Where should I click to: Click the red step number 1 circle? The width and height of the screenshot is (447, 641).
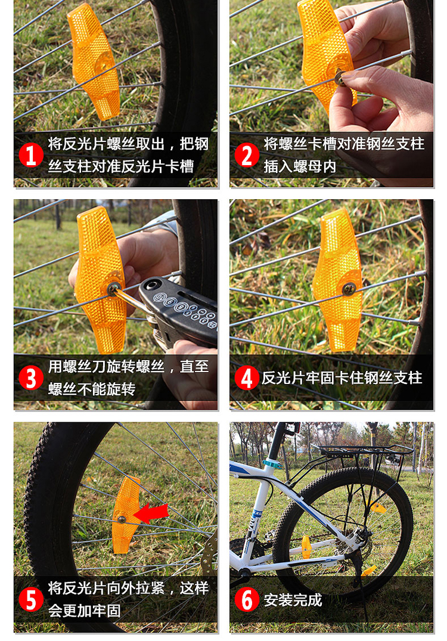point(31,155)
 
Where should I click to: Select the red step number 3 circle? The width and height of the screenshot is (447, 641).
point(31,378)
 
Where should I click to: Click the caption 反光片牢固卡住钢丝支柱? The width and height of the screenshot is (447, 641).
point(342,378)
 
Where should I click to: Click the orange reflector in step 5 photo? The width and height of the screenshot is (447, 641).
point(126,514)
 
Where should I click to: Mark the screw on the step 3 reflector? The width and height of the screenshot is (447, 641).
point(113,289)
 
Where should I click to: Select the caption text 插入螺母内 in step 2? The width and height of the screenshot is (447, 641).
point(300,166)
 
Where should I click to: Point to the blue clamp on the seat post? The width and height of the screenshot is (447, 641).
point(274,463)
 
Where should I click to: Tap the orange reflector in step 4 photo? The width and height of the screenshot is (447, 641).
point(338,280)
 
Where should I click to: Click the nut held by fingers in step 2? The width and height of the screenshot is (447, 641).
point(341,76)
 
